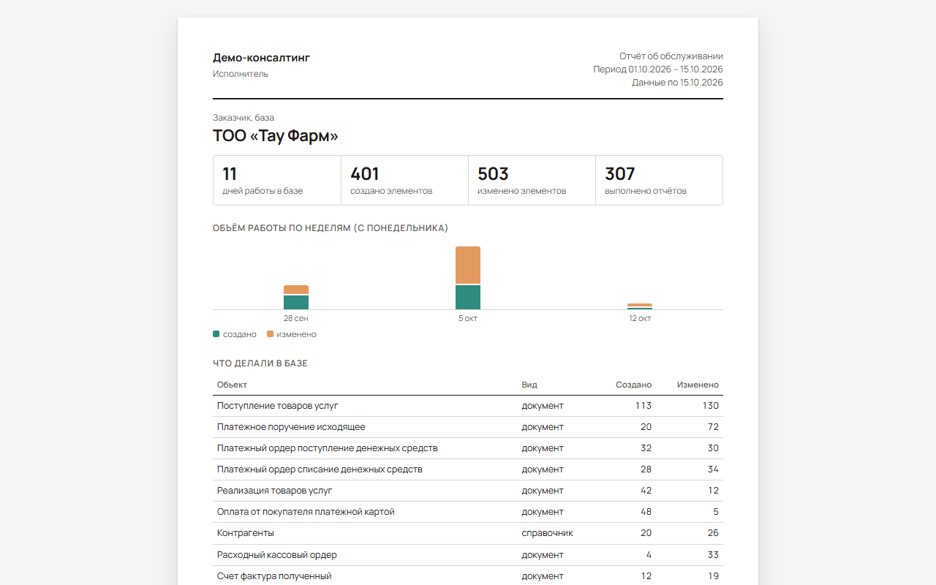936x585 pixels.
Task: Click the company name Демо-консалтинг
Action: coord(261,57)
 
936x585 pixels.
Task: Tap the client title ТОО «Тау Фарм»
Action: coord(276,136)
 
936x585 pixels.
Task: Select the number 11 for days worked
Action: coord(230,174)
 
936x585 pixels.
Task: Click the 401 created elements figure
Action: coord(364,174)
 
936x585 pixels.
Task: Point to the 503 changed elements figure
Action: coord(493,174)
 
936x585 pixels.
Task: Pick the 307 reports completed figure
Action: coord(619,174)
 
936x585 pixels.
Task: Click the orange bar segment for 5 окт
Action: coord(468,265)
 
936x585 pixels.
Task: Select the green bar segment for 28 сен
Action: coord(296,302)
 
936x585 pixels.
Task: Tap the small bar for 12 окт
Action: coord(640,306)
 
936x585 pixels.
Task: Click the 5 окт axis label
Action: coord(468,318)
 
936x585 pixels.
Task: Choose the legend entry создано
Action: coord(235,334)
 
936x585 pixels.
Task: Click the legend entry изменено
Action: coord(292,334)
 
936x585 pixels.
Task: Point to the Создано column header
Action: coord(633,385)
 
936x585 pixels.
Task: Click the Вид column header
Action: coord(529,385)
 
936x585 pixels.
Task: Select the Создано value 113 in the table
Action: coord(643,406)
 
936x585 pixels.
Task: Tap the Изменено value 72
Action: coord(713,427)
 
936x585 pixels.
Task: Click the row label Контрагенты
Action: coord(245,533)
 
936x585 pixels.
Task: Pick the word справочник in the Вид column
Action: coord(547,533)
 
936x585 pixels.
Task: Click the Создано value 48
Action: coord(646,512)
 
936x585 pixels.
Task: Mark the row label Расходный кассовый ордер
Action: coord(276,555)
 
